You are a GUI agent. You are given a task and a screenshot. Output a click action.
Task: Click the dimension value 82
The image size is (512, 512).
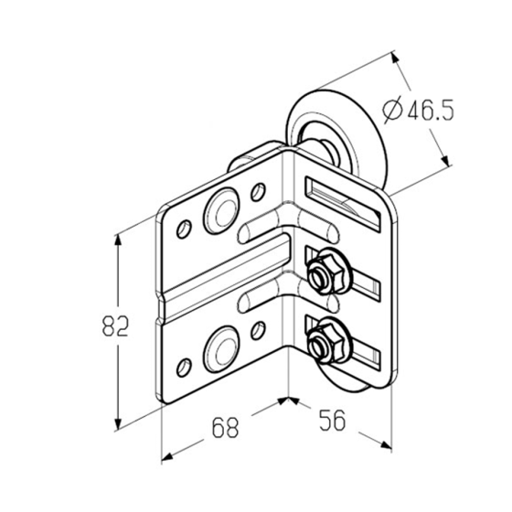click(x=115, y=325)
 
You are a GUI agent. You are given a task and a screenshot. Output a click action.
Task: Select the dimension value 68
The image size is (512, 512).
click(x=225, y=428)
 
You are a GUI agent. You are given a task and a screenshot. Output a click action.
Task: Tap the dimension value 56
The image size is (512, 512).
click(x=332, y=421)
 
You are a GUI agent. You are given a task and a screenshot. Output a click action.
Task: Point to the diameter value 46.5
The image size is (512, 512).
click(x=431, y=110)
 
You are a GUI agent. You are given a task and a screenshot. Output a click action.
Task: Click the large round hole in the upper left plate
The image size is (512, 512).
click(x=221, y=211)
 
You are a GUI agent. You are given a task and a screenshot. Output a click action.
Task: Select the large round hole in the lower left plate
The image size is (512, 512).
click(x=221, y=349)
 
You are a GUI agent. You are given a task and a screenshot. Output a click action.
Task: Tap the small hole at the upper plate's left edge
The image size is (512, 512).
click(x=184, y=229)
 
